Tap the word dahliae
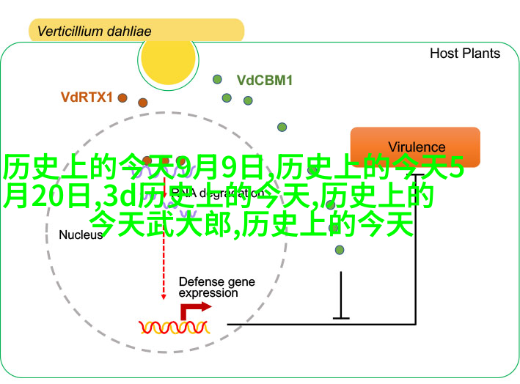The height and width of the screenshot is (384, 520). pyautogui.click(x=130, y=32)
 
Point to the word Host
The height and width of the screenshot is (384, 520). pyautogui.click(x=444, y=53)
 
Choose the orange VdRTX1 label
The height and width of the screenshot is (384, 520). pyautogui.click(x=86, y=96)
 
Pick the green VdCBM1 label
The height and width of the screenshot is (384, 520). pyautogui.click(x=264, y=80)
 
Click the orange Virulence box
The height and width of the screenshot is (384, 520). pyautogui.click(x=415, y=147)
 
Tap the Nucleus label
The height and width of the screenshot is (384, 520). pyautogui.click(x=81, y=235)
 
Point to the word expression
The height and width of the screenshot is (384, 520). pyautogui.click(x=208, y=293)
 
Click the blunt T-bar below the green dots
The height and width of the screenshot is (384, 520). pyautogui.click(x=341, y=317)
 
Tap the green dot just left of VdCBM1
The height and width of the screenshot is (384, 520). pyautogui.click(x=217, y=79)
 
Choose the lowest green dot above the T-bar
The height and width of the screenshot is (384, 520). pyautogui.click(x=339, y=250)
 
